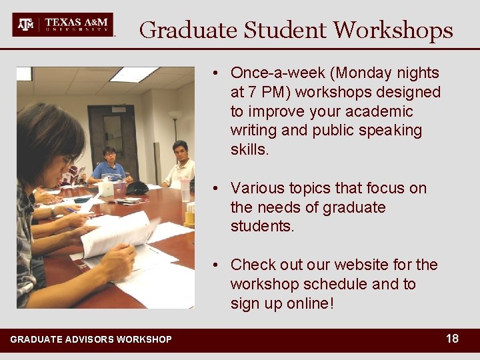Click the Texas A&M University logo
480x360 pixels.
coord(63,25)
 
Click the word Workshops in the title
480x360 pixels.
coord(393,30)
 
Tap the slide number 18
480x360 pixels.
coord(452,339)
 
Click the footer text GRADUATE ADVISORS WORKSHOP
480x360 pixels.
coord(91,340)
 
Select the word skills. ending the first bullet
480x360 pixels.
coord(250,149)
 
